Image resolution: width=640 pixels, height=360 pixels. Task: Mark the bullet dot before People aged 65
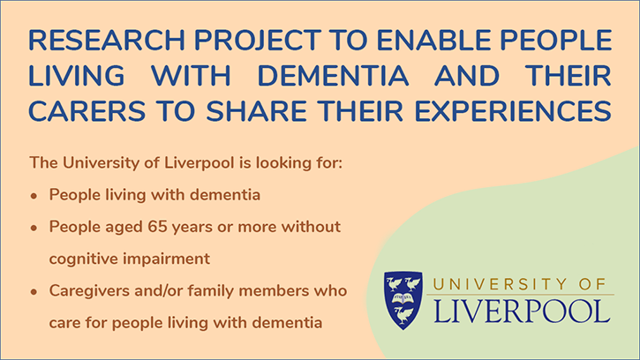click(x=34, y=228)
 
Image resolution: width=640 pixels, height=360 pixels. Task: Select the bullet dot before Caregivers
click(x=34, y=291)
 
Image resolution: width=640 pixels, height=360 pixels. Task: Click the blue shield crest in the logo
click(x=403, y=299)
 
